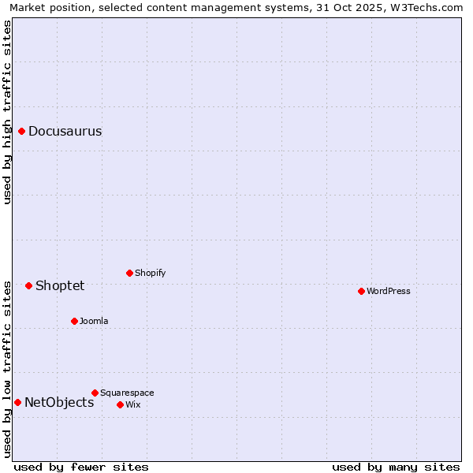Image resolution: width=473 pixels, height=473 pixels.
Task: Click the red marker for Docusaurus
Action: (x=22, y=132)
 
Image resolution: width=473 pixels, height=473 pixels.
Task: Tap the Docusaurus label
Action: (x=65, y=132)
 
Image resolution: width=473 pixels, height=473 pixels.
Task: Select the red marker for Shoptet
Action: (x=29, y=285)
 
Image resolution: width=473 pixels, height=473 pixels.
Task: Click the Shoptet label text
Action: (x=60, y=285)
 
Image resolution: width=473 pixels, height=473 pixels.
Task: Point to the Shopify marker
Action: (x=129, y=274)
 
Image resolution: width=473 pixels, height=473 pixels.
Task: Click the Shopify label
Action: (x=150, y=274)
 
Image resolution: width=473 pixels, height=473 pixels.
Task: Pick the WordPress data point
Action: (x=361, y=292)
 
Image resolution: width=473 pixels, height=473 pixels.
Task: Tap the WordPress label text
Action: (x=388, y=292)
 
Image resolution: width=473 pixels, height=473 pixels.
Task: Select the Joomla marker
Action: (x=74, y=322)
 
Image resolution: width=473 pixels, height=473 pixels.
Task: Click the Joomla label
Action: (x=94, y=322)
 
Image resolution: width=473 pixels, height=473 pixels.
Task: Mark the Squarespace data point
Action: (x=95, y=393)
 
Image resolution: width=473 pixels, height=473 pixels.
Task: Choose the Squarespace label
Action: (x=127, y=393)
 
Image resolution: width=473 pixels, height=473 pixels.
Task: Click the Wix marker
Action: (x=120, y=405)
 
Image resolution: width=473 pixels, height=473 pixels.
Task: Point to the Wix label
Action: (x=133, y=405)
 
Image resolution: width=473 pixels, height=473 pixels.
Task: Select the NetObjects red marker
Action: (x=17, y=403)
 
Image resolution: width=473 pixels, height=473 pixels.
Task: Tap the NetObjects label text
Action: (x=59, y=403)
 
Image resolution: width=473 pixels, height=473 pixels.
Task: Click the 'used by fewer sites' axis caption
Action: (x=81, y=467)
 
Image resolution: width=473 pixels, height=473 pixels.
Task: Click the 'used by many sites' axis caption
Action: (x=396, y=467)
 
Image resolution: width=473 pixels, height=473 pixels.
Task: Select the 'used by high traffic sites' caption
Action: (x=8, y=112)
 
